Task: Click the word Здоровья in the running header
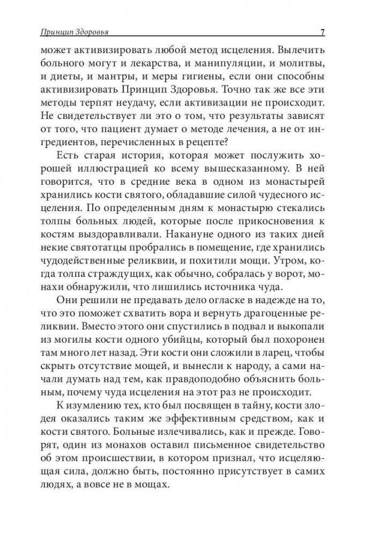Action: click(95, 31)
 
